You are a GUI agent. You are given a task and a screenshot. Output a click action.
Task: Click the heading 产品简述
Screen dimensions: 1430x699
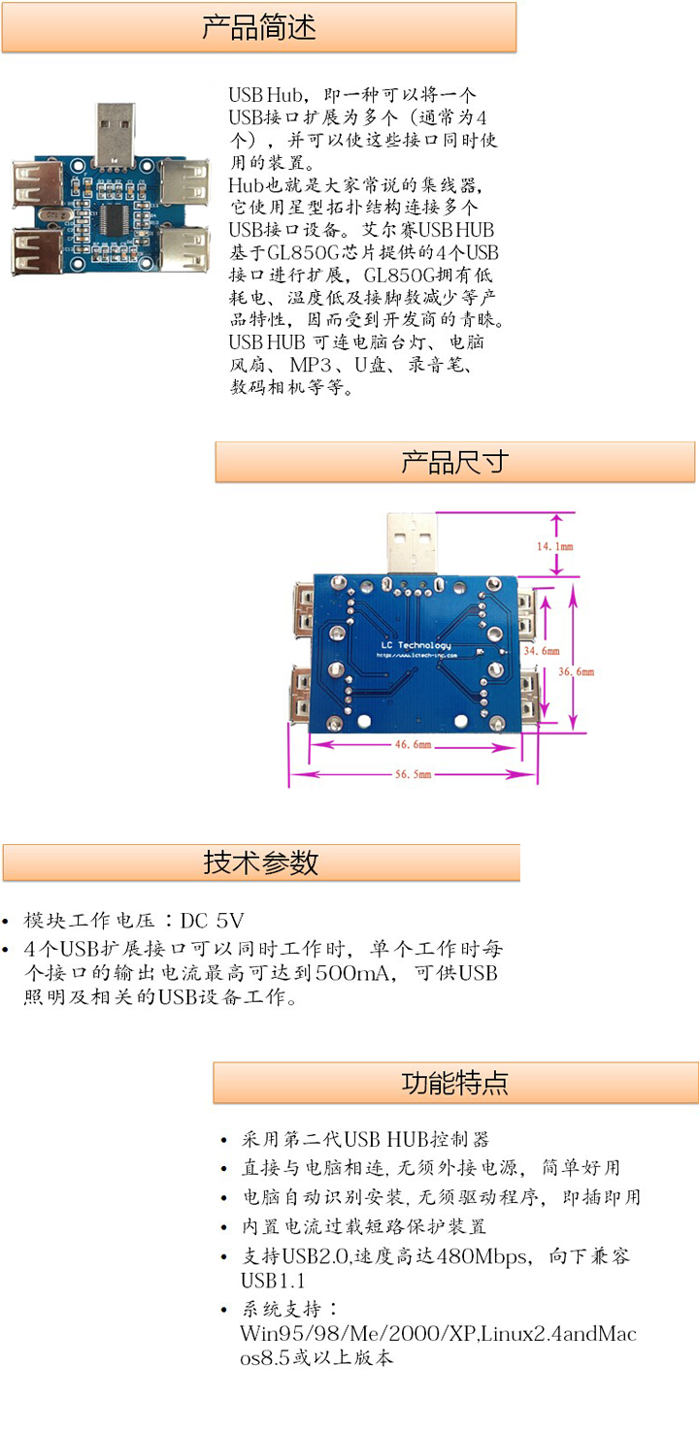(259, 27)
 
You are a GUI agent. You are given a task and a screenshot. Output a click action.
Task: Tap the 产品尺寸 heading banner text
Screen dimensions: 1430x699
(454, 462)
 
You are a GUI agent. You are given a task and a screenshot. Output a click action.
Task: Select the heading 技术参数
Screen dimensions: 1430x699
(261, 862)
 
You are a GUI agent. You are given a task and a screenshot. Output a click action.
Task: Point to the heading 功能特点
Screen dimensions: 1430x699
(454, 1083)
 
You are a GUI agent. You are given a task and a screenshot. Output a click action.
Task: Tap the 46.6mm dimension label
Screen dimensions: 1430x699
(413, 745)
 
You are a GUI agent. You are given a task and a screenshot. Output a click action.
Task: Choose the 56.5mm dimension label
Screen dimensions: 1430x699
(413, 774)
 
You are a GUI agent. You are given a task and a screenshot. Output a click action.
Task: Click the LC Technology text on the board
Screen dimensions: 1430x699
(416, 646)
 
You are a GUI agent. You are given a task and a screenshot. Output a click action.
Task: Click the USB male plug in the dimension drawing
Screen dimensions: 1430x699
(412, 542)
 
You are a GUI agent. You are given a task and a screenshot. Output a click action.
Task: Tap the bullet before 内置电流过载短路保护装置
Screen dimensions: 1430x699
(225, 1228)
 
